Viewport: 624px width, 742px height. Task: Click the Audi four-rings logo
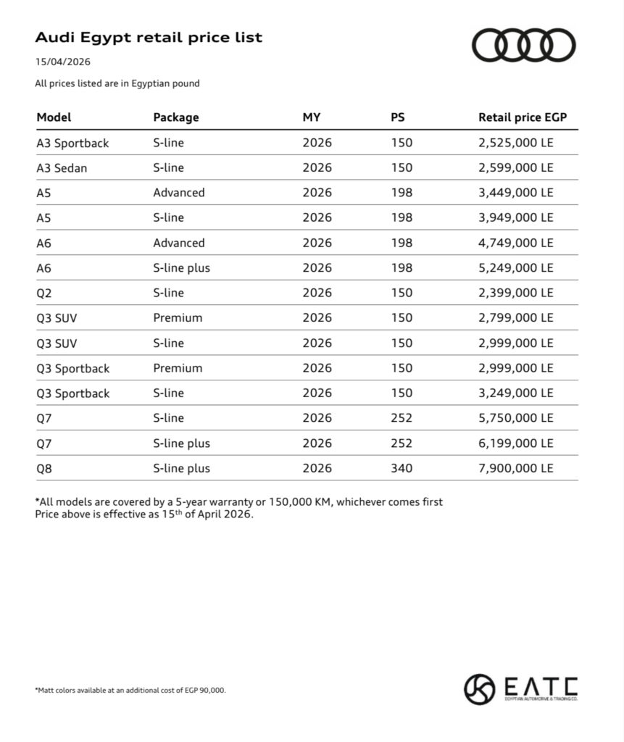pyautogui.click(x=524, y=45)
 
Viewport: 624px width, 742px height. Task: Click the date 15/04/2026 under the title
pyautogui.click(x=63, y=62)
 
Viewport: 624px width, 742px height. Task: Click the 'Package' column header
pyautogui.click(x=175, y=117)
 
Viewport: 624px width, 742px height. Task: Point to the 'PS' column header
pyautogui.click(x=398, y=117)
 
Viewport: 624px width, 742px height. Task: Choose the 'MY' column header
pyautogui.click(x=312, y=117)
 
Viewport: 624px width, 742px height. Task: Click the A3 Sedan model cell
pyautogui.click(x=62, y=168)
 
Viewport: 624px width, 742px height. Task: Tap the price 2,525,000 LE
pyautogui.click(x=515, y=143)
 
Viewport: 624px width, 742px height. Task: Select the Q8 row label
pyautogui.click(x=44, y=469)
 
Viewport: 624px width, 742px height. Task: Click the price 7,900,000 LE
pyautogui.click(x=515, y=469)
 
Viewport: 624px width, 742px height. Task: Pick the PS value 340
pyautogui.click(x=402, y=469)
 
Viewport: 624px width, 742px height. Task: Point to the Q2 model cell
pyautogui.click(x=44, y=293)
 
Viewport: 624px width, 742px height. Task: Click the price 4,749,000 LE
pyautogui.click(x=515, y=243)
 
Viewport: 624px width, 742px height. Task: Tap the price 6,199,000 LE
pyautogui.click(x=515, y=443)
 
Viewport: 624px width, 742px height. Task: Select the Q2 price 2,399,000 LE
pyautogui.click(x=515, y=293)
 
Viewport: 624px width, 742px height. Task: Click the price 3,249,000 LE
pyautogui.click(x=515, y=393)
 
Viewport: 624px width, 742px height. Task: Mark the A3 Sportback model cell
pyautogui.click(x=72, y=143)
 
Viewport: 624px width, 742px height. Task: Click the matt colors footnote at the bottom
pyautogui.click(x=130, y=691)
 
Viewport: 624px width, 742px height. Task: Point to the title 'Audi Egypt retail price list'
pyautogui.click(x=149, y=38)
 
